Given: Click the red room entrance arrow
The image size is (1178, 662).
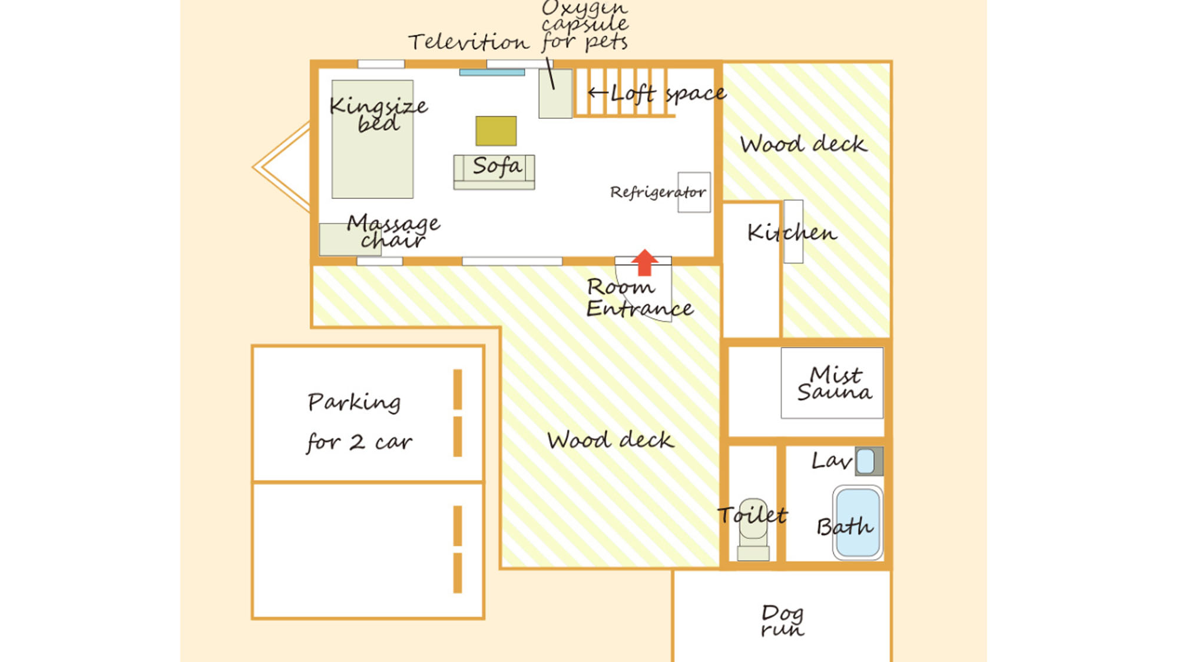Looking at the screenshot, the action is (644, 262).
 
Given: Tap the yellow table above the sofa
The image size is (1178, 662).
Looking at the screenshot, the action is (496, 131).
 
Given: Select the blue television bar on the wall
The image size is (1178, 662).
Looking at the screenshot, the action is (492, 72).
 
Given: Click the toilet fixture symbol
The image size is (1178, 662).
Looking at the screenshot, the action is (753, 529).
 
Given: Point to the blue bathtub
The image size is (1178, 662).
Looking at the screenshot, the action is (858, 522).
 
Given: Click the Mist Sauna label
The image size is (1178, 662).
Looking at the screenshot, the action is (835, 383).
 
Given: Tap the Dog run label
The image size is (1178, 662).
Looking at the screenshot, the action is (782, 620).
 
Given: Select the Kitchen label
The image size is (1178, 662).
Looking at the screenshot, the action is (792, 232).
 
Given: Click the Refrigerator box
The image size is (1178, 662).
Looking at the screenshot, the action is (694, 192).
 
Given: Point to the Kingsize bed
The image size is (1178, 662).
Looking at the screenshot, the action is (372, 139).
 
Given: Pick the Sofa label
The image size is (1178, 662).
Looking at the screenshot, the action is (497, 166).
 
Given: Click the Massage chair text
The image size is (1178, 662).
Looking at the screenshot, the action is (393, 231).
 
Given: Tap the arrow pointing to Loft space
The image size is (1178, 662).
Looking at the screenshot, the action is (597, 92).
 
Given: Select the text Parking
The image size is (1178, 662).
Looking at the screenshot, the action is (354, 402).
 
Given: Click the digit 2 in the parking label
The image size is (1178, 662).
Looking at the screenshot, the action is (357, 442).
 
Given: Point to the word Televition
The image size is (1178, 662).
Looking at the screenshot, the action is (469, 42).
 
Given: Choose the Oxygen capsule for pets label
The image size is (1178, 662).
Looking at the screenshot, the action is (585, 25).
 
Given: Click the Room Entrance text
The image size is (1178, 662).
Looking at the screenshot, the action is (640, 297).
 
